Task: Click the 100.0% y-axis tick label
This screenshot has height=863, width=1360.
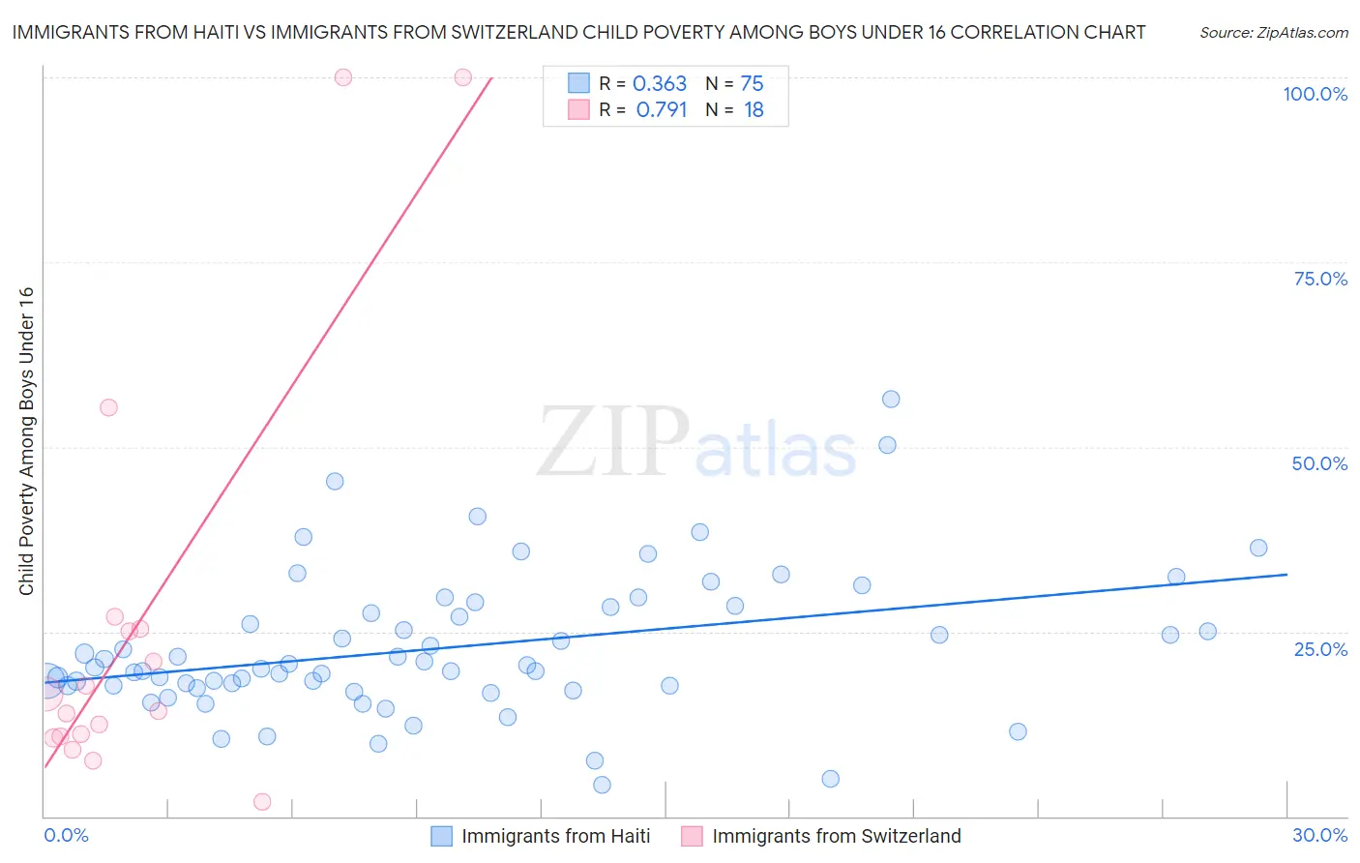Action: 1315,94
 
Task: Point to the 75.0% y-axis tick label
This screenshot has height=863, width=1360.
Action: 1320,279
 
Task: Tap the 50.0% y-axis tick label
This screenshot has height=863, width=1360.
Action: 1319,463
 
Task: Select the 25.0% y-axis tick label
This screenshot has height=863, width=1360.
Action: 1320,648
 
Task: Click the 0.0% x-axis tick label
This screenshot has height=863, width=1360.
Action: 66,835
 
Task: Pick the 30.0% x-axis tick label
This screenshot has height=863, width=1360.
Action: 1319,835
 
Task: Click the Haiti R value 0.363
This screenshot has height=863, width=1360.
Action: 660,84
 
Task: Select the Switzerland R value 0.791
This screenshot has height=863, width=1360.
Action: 662,110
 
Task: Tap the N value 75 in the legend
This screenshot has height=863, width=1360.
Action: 752,84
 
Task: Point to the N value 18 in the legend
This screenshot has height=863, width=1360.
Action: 754,110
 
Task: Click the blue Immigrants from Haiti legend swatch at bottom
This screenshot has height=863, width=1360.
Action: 442,836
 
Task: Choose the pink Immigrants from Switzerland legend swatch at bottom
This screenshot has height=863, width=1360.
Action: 692,836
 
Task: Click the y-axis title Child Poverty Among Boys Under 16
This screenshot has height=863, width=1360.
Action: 26,441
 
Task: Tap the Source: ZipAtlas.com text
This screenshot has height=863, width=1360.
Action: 1273,33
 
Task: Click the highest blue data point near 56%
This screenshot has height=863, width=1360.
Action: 891,400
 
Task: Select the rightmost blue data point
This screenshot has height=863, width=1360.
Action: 1258,548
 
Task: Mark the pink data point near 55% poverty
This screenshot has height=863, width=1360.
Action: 108,407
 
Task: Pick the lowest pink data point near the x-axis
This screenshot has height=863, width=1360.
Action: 262,801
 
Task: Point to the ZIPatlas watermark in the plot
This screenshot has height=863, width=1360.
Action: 696,442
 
